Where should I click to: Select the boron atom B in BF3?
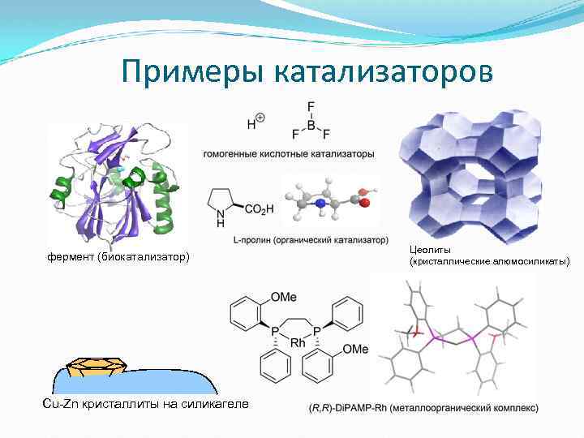pyautogui.click(x=311, y=124)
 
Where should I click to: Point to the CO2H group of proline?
pyautogui.click(x=260, y=209)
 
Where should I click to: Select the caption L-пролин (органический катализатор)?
pyautogui.click(x=299, y=241)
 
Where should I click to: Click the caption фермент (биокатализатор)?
pyautogui.click(x=118, y=258)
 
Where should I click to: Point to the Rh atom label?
pyautogui.click(x=298, y=343)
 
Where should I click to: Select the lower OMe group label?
pyautogui.click(x=355, y=350)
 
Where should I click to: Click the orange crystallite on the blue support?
pyautogui.click(x=91, y=366)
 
